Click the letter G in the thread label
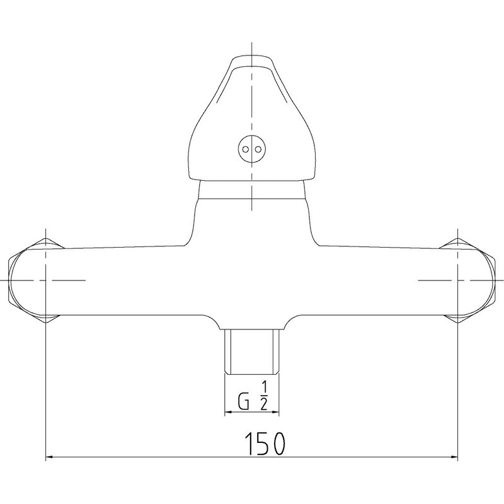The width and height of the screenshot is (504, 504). (x=243, y=401)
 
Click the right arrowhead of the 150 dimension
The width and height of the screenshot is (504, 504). (x=453, y=457)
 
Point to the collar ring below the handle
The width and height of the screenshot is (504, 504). (x=252, y=190)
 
